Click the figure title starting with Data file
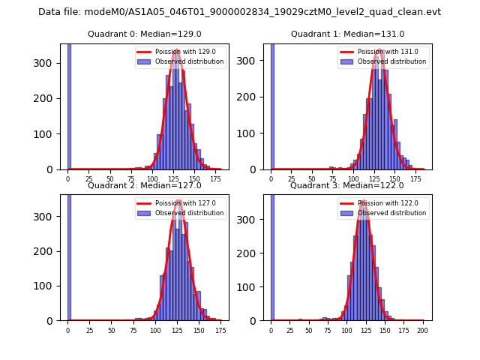239,12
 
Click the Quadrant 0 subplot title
144,34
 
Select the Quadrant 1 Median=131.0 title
347,34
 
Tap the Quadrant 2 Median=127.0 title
144,185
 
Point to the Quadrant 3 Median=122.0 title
346,185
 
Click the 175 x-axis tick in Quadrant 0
216,180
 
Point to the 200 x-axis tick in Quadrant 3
423,331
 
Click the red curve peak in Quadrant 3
364,201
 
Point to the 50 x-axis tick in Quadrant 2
111,331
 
